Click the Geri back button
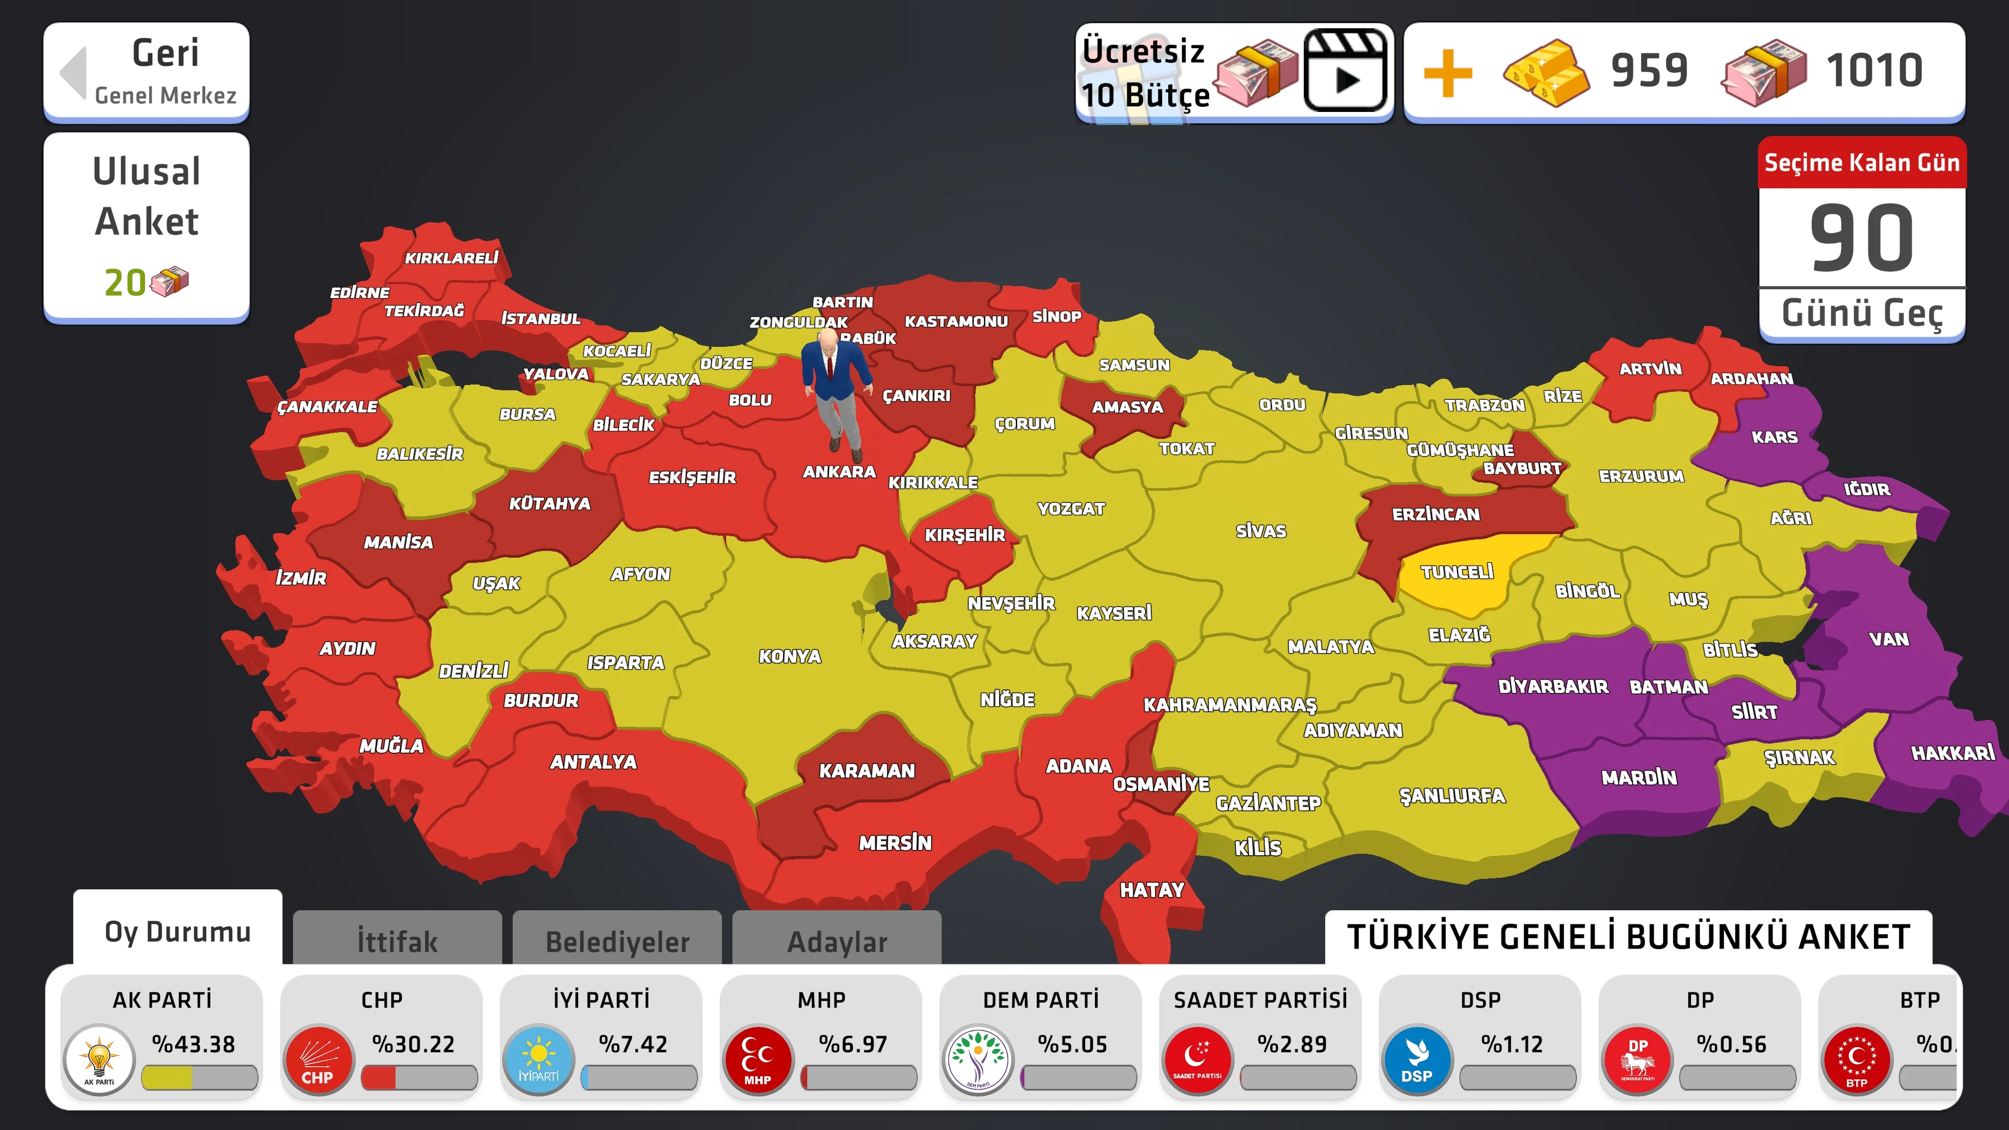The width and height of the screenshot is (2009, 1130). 146,72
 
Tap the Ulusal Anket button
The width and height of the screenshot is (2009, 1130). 146,226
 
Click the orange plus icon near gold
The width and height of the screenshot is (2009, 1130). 1448,73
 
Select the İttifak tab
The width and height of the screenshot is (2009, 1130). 397,941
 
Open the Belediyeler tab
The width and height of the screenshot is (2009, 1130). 617,941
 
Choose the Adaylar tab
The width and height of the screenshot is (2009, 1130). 837,941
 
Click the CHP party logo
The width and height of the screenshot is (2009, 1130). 318,1059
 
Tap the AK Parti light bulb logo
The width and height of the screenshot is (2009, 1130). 99,1059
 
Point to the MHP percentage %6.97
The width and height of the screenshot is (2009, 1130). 852,1044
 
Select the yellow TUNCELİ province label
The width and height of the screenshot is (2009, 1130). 1456,572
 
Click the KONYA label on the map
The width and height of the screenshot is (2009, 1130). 789,656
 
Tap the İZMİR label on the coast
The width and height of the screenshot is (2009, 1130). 301,577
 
